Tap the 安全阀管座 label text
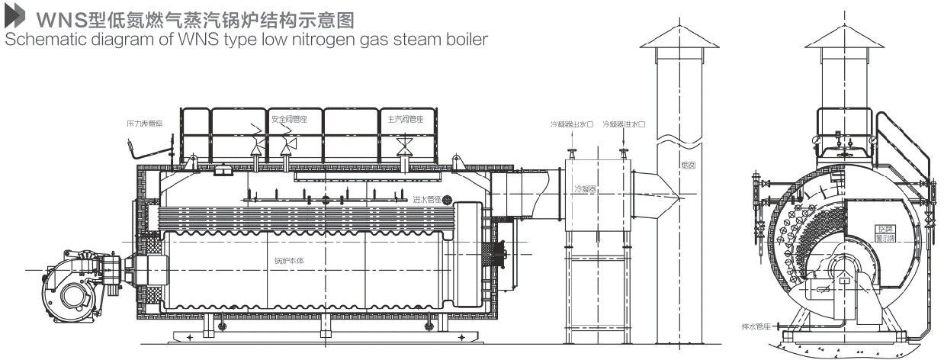click(288, 120)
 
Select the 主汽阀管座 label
click(405, 119)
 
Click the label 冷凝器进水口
click(624, 124)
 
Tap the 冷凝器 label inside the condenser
click(586, 188)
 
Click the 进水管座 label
click(427, 200)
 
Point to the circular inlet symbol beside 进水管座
click(448, 200)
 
